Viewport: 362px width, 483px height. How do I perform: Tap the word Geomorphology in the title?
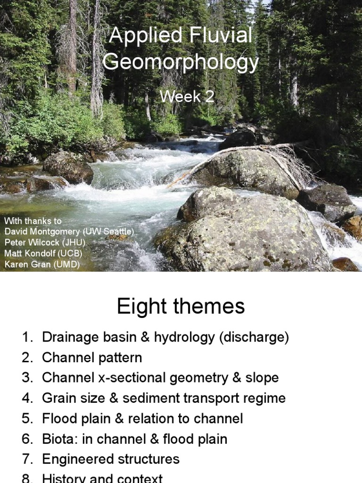click(x=181, y=63)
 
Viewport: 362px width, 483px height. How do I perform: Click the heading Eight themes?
click(x=181, y=307)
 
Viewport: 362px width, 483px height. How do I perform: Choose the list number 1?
click(x=27, y=338)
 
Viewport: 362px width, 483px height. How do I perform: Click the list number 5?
click(x=27, y=418)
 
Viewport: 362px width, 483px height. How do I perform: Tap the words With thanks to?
click(x=33, y=221)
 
